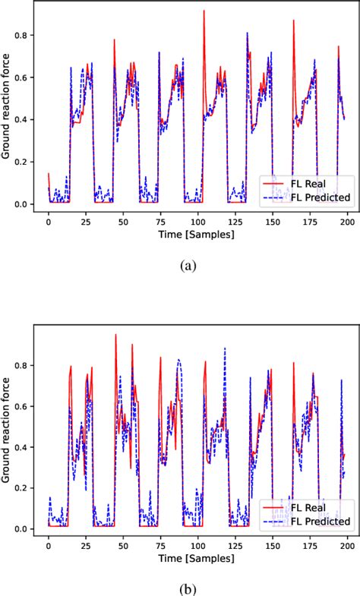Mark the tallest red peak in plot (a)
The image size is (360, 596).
pos(204,11)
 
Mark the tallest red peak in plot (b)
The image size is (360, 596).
pos(115,335)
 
